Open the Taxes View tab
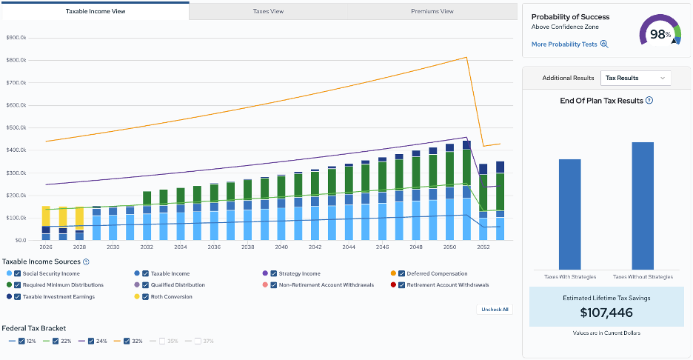(x=268, y=11)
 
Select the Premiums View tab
(x=432, y=11)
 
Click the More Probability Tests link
(x=569, y=44)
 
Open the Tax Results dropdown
(x=635, y=78)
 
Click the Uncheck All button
(x=495, y=310)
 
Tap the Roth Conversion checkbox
(x=145, y=297)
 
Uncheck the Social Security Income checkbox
(x=17, y=274)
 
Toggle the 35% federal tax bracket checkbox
(x=161, y=341)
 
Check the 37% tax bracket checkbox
(x=198, y=341)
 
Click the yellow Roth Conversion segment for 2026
(x=46, y=216)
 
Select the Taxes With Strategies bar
(x=569, y=215)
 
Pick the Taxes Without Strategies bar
(x=643, y=206)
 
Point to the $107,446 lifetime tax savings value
(x=606, y=313)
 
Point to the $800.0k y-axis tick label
(x=16, y=60)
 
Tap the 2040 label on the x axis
(x=281, y=247)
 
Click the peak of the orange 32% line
(x=466, y=57)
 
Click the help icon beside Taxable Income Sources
(x=86, y=261)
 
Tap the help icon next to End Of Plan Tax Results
(x=649, y=101)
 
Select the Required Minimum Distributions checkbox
(x=17, y=285)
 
